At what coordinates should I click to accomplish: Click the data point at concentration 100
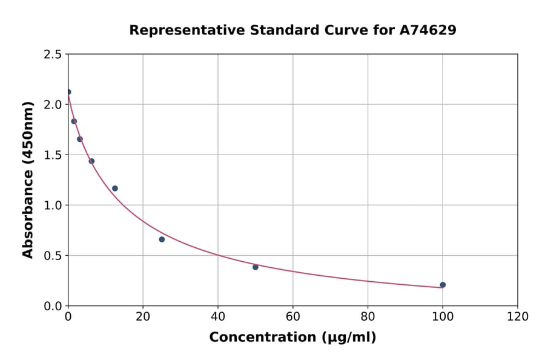coord(443,285)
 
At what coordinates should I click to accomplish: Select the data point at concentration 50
coord(256,267)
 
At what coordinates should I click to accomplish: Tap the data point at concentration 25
coord(162,239)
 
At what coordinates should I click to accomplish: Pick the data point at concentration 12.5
coord(115,188)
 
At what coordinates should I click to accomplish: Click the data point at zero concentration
coord(68,92)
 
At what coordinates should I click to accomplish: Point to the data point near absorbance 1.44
coord(91,161)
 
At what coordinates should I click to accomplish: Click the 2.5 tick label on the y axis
coord(53,55)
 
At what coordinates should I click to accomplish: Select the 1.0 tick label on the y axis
coord(53,205)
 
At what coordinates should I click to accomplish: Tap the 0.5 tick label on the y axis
coord(53,256)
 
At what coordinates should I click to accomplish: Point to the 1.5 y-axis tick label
coord(53,155)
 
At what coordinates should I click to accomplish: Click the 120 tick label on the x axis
coord(517,317)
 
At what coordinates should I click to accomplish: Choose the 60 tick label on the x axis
coord(292,317)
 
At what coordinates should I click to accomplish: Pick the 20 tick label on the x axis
coord(143,317)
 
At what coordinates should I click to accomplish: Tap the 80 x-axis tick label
coord(368,317)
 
